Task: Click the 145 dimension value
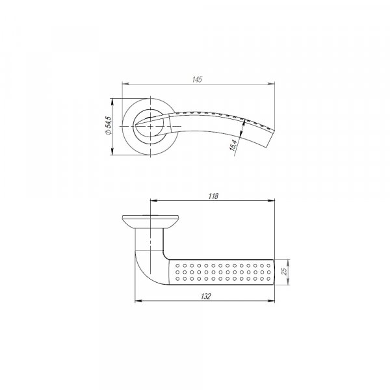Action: tap(197, 79)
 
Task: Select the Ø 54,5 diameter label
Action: tap(109, 125)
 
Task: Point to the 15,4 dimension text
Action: tap(233, 145)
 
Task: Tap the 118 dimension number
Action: tap(213, 196)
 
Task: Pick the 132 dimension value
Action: tap(205, 296)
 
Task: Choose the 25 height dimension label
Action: tap(284, 271)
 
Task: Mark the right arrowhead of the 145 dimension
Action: tap(271, 84)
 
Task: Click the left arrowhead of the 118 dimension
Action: tap(154, 200)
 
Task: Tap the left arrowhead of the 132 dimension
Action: tap(138, 301)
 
